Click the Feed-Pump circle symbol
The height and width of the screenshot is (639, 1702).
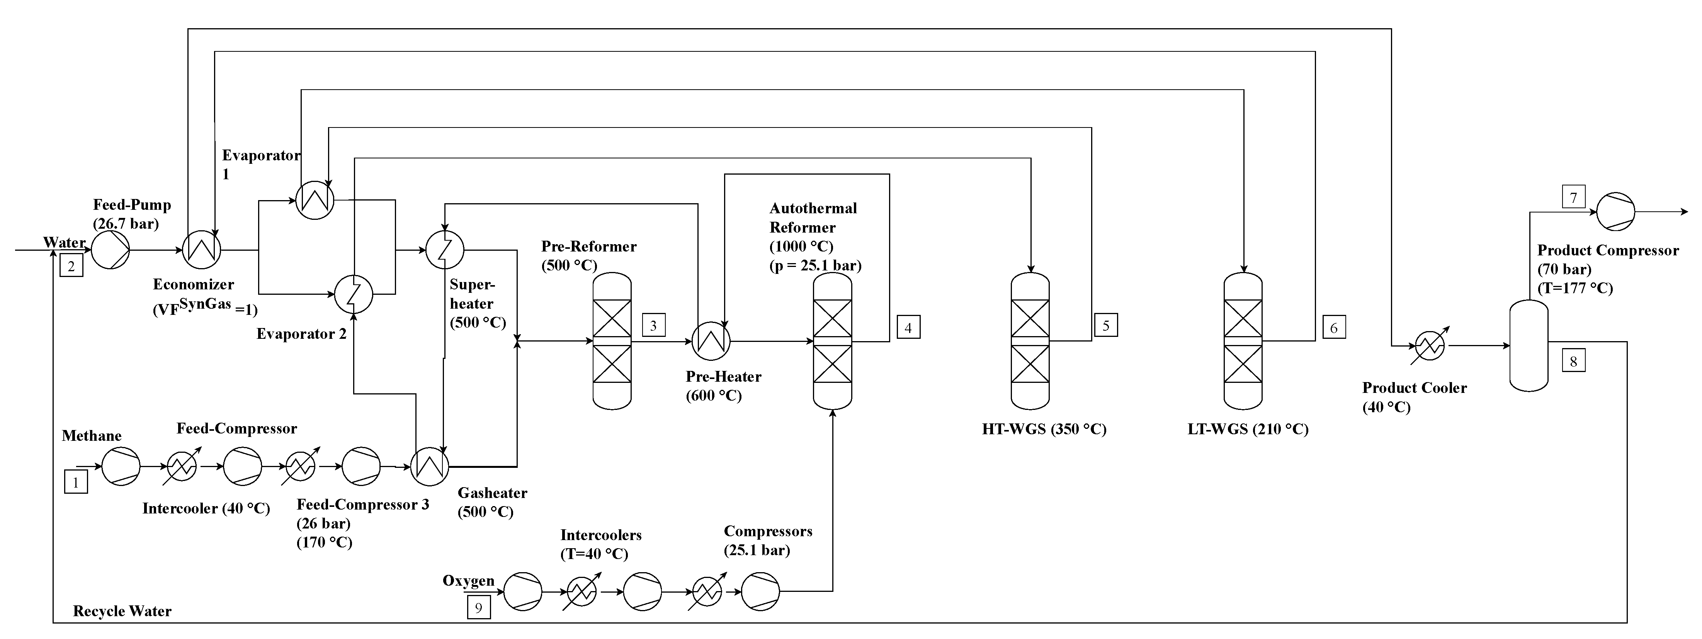111,250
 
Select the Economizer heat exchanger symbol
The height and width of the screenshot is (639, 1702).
202,250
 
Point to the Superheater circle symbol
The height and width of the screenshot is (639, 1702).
445,250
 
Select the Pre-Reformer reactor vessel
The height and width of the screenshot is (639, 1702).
612,341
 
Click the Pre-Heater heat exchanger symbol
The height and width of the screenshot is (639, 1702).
711,341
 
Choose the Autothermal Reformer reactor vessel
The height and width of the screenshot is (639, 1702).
833,341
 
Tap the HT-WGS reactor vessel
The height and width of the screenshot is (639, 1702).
1030,341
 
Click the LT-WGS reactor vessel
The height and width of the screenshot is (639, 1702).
1243,341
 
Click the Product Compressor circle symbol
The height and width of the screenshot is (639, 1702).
1615,211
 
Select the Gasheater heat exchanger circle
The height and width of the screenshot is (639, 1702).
430,467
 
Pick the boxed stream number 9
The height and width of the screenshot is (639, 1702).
479,607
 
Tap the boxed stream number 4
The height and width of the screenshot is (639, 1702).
908,327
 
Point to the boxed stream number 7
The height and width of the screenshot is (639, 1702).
1573,197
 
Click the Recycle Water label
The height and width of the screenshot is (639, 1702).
122,611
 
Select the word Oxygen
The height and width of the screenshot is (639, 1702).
468,581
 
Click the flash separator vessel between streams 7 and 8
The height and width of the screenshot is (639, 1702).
1529,346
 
